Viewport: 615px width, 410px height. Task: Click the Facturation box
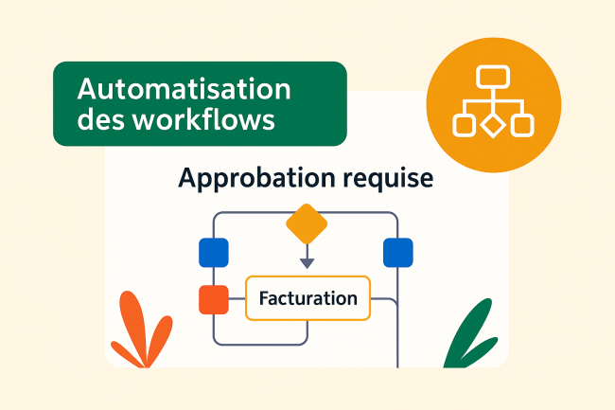308,299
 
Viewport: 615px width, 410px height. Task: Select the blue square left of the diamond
214,253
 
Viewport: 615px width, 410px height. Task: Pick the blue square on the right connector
397,253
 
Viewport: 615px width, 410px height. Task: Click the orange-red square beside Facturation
214,299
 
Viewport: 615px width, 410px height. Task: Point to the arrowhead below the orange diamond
307,261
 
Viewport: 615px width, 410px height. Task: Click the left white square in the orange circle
464,124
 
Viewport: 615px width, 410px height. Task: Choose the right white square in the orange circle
521,124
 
